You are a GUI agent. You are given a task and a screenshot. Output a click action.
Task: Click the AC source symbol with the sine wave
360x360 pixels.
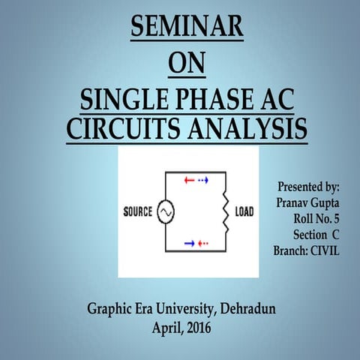[x=164, y=212]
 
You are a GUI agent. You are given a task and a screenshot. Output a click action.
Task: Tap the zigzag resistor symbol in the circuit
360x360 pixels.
[x=222, y=212]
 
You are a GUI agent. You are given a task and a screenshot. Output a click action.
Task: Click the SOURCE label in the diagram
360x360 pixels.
[x=138, y=212]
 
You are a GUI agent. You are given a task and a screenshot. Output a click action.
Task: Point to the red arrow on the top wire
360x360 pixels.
[x=189, y=181]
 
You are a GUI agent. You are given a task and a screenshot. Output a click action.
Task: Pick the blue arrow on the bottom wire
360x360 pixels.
[x=189, y=243]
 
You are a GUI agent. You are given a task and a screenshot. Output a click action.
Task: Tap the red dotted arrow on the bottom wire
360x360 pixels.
[x=203, y=243]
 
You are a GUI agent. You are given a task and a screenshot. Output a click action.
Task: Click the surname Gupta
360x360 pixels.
[x=322, y=202]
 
